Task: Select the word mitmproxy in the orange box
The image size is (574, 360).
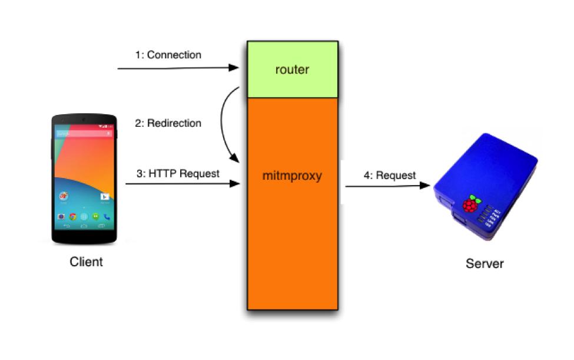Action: (x=293, y=176)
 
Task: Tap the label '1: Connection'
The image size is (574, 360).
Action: (x=168, y=55)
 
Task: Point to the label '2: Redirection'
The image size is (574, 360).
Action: (x=168, y=123)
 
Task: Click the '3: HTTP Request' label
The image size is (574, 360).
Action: (x=178, y=174)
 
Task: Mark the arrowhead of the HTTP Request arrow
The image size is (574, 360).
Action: (x=235, y=184)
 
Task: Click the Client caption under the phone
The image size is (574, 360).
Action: (x=86, y=262)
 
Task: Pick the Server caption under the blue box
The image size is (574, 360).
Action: (x=485, y=263)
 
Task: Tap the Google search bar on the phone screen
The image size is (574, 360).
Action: (x=84, y=134)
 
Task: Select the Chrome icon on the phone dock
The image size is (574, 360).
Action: (x=73, y=217)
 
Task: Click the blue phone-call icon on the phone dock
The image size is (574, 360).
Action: (x=107, y=217)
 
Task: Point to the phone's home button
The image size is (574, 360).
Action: (x=84, y=226)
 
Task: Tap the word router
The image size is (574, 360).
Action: (x=293, y=70)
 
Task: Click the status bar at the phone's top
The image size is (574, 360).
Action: (x=84, y=126)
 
